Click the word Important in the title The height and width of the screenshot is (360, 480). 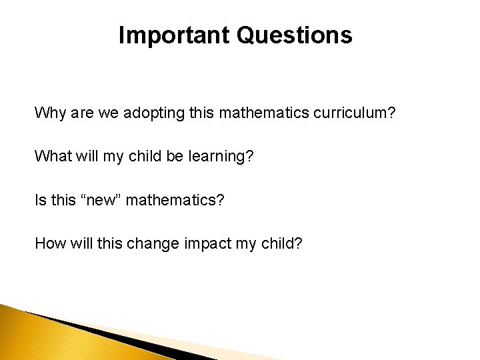coord(175,35)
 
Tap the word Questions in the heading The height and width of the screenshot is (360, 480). coord(294,35)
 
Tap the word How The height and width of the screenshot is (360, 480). coord(48,243)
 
